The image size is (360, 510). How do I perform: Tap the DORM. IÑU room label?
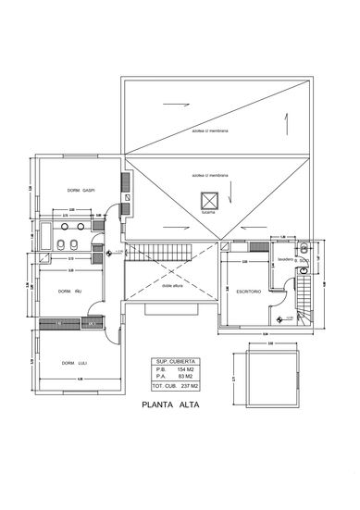pos(71,292)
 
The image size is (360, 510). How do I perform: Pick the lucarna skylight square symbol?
pos(208,199)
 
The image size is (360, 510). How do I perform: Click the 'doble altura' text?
pos(174,286)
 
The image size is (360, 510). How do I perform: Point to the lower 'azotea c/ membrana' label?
pos(210,173)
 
